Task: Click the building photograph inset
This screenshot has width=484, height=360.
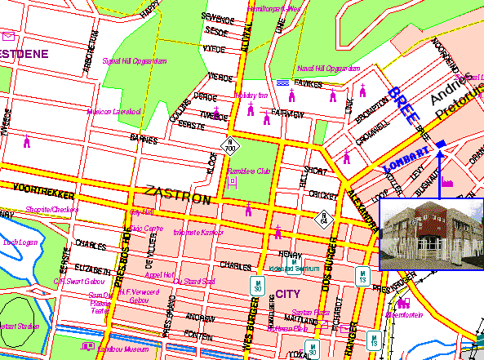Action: (431, 233)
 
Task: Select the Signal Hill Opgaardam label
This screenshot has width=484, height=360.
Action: (135, 60)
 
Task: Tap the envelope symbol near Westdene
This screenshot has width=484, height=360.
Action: (8, 36)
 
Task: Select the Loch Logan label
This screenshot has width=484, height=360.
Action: (21, 242)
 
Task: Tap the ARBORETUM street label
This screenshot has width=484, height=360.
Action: (91, 53)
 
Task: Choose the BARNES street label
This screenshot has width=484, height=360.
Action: (143, 140)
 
